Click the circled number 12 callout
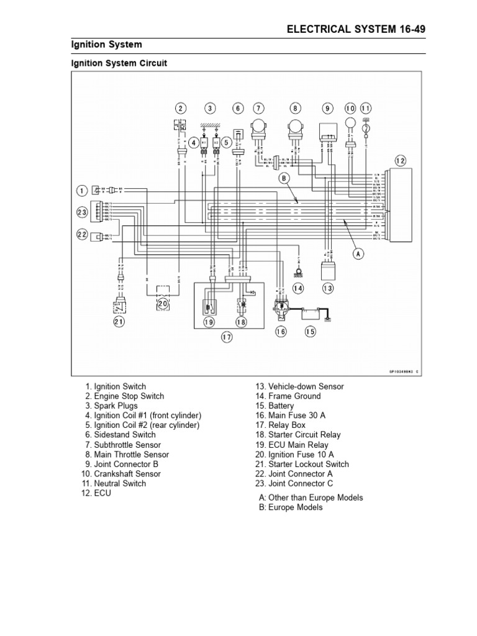[400, 161]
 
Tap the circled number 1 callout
[81, 189]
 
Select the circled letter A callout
[358, 253]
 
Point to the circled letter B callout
[285, 178]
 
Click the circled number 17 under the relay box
[227, 337]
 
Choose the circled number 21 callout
[119, 321]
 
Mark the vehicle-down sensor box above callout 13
[328, 271]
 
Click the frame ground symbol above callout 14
[298, 271]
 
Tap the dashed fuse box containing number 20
[163, 296]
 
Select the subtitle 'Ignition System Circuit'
[118, 63]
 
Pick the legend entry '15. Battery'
[274, 406]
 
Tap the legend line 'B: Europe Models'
[291, 507]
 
